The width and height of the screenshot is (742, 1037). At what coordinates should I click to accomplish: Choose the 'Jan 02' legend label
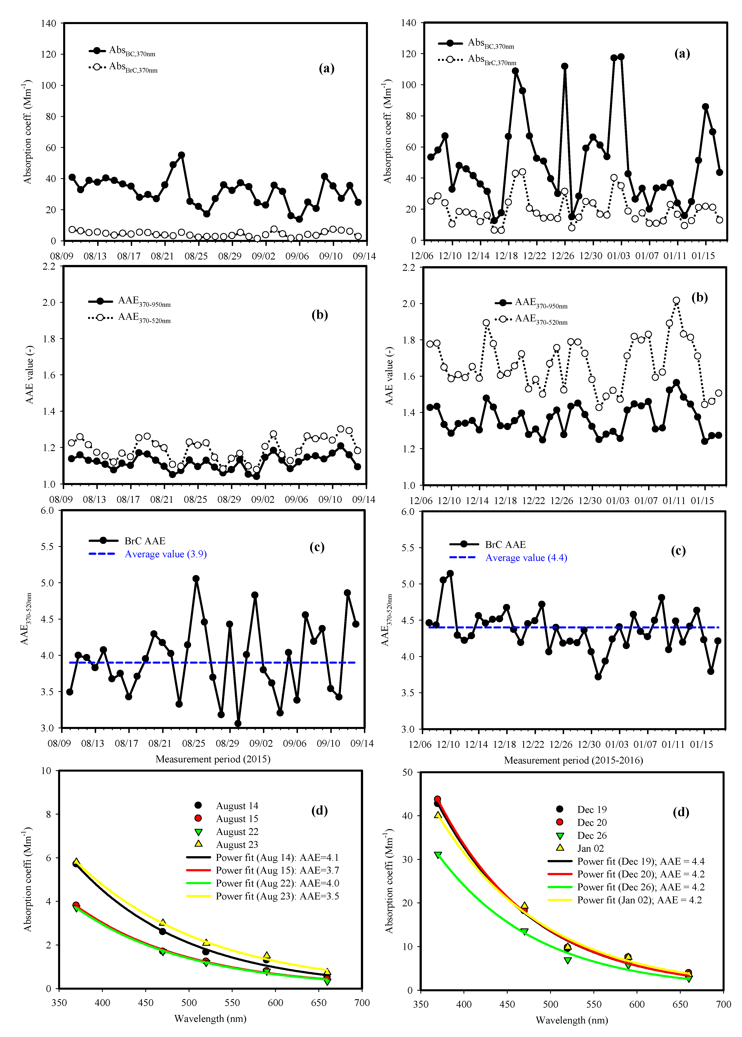click(x=590, y=848)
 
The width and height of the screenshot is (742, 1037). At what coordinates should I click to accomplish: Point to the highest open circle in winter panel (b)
click(x=676, y=300)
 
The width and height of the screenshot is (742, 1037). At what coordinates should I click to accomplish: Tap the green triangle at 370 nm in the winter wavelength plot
click(x=438, y=855)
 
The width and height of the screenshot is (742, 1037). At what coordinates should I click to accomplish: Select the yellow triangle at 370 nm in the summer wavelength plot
click(x=76, y=862)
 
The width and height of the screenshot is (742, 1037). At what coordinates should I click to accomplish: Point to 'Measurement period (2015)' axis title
click(x=213, y=759)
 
